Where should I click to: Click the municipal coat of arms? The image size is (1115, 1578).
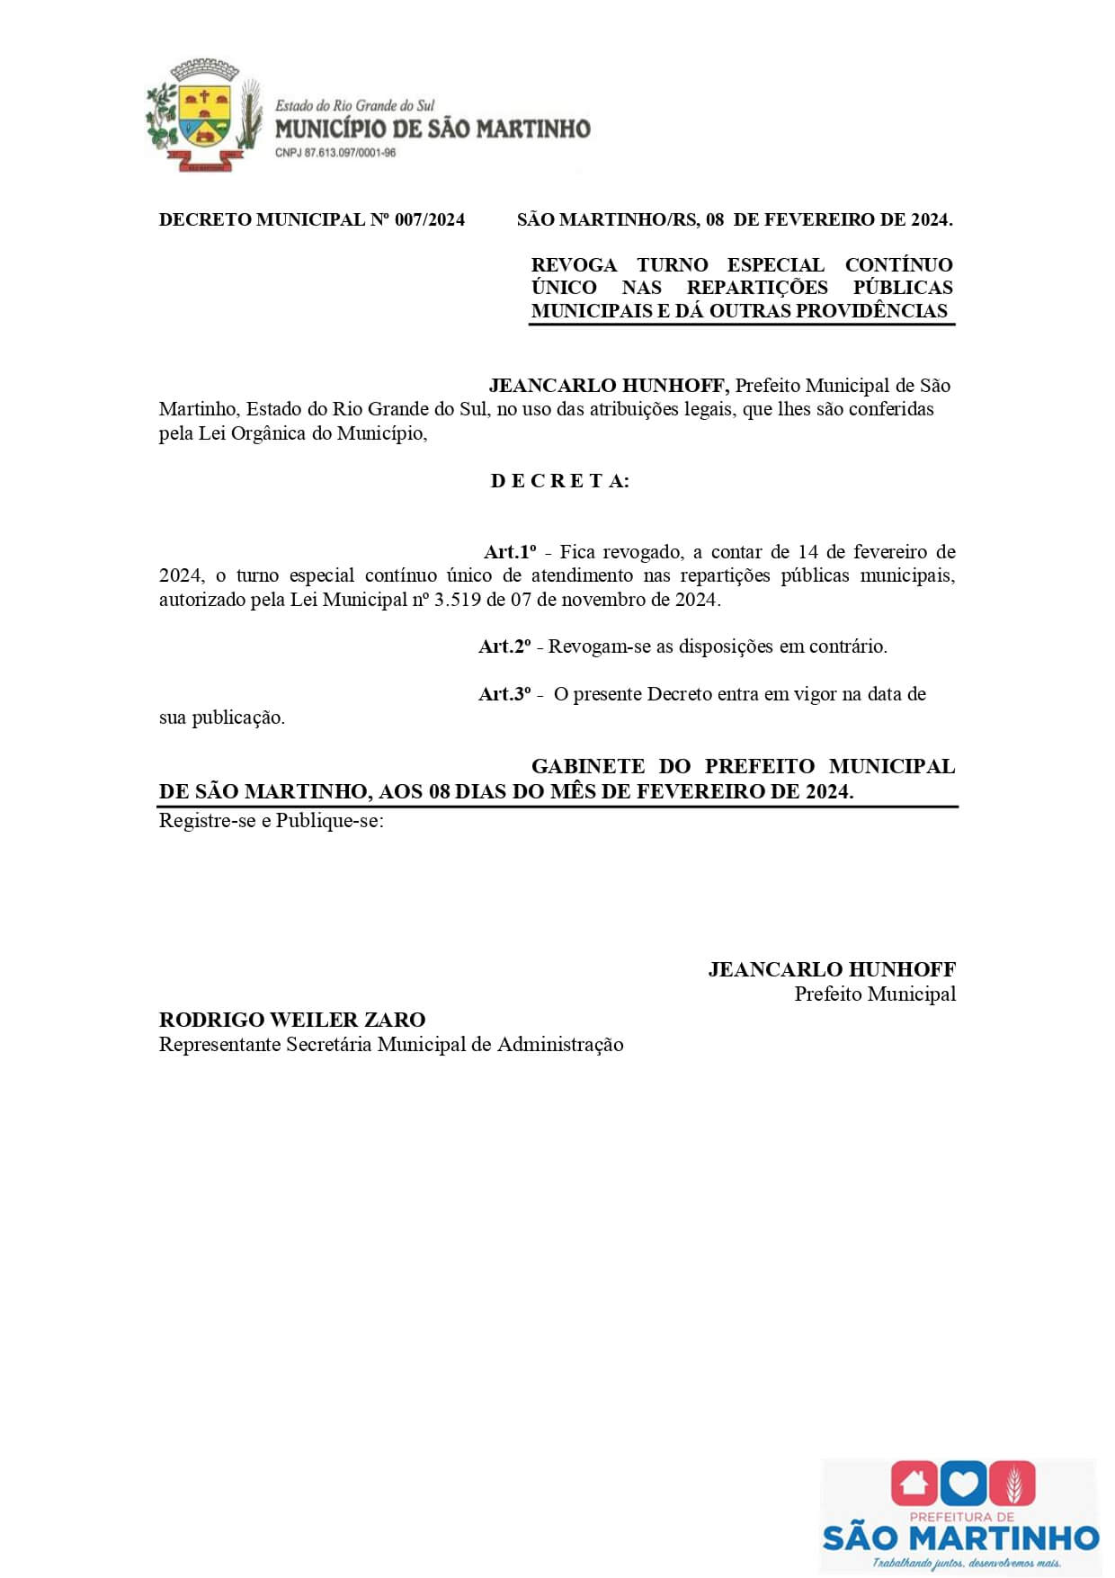[204, 115]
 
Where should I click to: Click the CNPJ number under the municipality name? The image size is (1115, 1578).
[335, 153]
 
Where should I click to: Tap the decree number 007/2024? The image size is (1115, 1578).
[430, 219]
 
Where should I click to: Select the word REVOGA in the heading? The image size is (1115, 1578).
[574, 265]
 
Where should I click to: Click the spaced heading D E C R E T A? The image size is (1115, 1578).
[559, 481]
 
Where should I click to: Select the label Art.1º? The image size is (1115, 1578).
[510, 552]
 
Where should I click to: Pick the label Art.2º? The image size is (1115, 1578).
[504, 646]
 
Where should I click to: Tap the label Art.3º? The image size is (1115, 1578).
[504, 694]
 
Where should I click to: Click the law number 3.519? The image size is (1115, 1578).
[458, 600]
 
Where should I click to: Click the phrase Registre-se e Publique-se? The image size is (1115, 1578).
[271, 821]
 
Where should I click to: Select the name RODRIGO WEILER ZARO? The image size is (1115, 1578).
[292, 1020]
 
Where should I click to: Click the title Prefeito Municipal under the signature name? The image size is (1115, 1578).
[875, 994]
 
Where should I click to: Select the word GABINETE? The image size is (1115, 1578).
[588, 767]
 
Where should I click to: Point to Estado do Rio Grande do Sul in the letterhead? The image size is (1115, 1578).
[354, 106]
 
